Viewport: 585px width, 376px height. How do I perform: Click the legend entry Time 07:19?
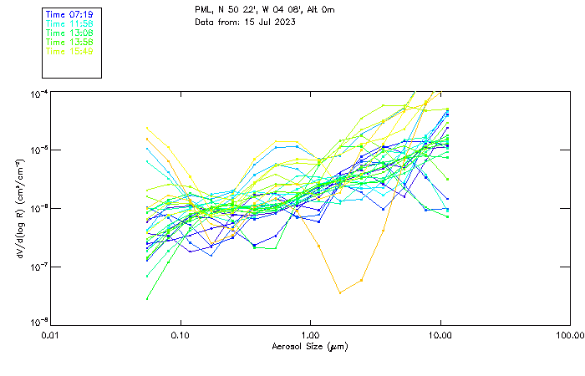click(x=69, y=15)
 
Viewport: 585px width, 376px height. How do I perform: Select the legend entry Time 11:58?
click(x=69, y=24)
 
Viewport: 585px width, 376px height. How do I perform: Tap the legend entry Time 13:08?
click(x=69, y=33)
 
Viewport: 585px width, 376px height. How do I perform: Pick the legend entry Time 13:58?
click(x=69, y=43)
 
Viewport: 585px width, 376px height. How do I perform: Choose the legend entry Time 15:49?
click(x=69, y=52)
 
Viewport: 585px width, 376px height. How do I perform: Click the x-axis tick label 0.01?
click(x=51, y=335)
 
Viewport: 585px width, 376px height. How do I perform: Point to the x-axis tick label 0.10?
click(x=181, y=335)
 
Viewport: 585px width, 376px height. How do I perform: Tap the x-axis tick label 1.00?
click(x=311, y=335)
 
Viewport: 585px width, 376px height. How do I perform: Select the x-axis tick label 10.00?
click(x=440, y=335)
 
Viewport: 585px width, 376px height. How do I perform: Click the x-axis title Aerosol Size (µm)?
click(x=310, y=346)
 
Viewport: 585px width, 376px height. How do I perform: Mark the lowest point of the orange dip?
click(x=339, y=292)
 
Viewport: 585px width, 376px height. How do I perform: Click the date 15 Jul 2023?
click(x=261, y=23)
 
